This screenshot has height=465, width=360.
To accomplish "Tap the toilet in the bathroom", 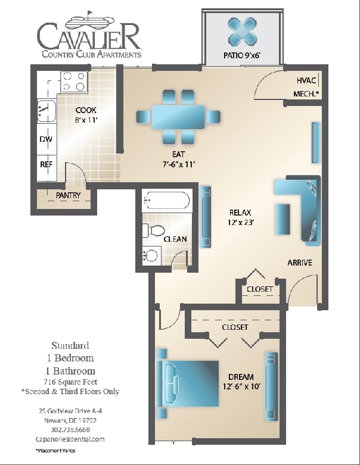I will click(154, 231).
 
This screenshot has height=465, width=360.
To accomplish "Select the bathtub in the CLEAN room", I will click(166, 199).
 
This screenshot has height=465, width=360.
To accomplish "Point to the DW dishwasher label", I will click(46, 139).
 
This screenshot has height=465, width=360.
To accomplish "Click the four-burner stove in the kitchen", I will click(73, 82).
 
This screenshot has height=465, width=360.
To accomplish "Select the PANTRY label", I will click(68, 195).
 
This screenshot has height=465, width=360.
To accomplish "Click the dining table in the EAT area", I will click(178, 116).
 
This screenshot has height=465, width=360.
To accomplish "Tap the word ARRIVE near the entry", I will click(299, 263).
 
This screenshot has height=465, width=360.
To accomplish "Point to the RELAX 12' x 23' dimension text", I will click(241, 223).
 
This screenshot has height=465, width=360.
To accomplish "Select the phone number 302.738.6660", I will click(70, 429).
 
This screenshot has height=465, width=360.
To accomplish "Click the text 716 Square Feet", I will click(70, 381).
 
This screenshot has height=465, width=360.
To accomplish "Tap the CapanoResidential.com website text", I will click(70, 439).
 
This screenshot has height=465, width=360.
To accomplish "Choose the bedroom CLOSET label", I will click(235, 327).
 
